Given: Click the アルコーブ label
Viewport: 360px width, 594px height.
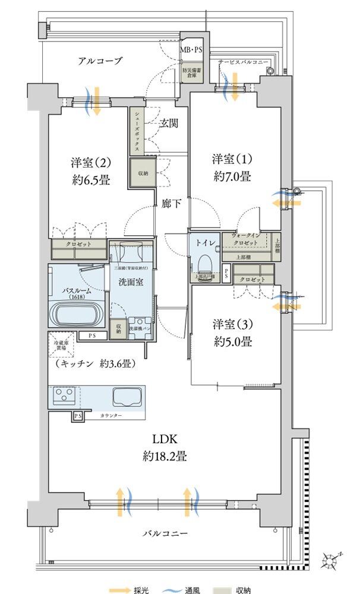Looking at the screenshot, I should pos(99,61).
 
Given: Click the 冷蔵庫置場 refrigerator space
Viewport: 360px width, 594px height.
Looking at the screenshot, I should pos(59,345).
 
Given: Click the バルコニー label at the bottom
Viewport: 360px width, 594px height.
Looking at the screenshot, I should pos(166,533).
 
